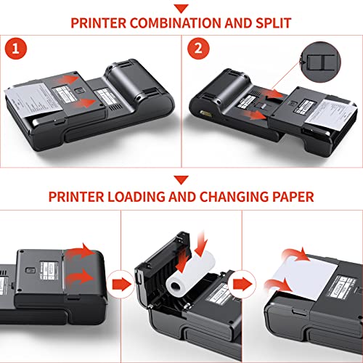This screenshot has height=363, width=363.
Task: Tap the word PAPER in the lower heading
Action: pos(292,195)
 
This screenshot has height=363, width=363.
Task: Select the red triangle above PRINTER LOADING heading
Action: pos(181,179)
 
